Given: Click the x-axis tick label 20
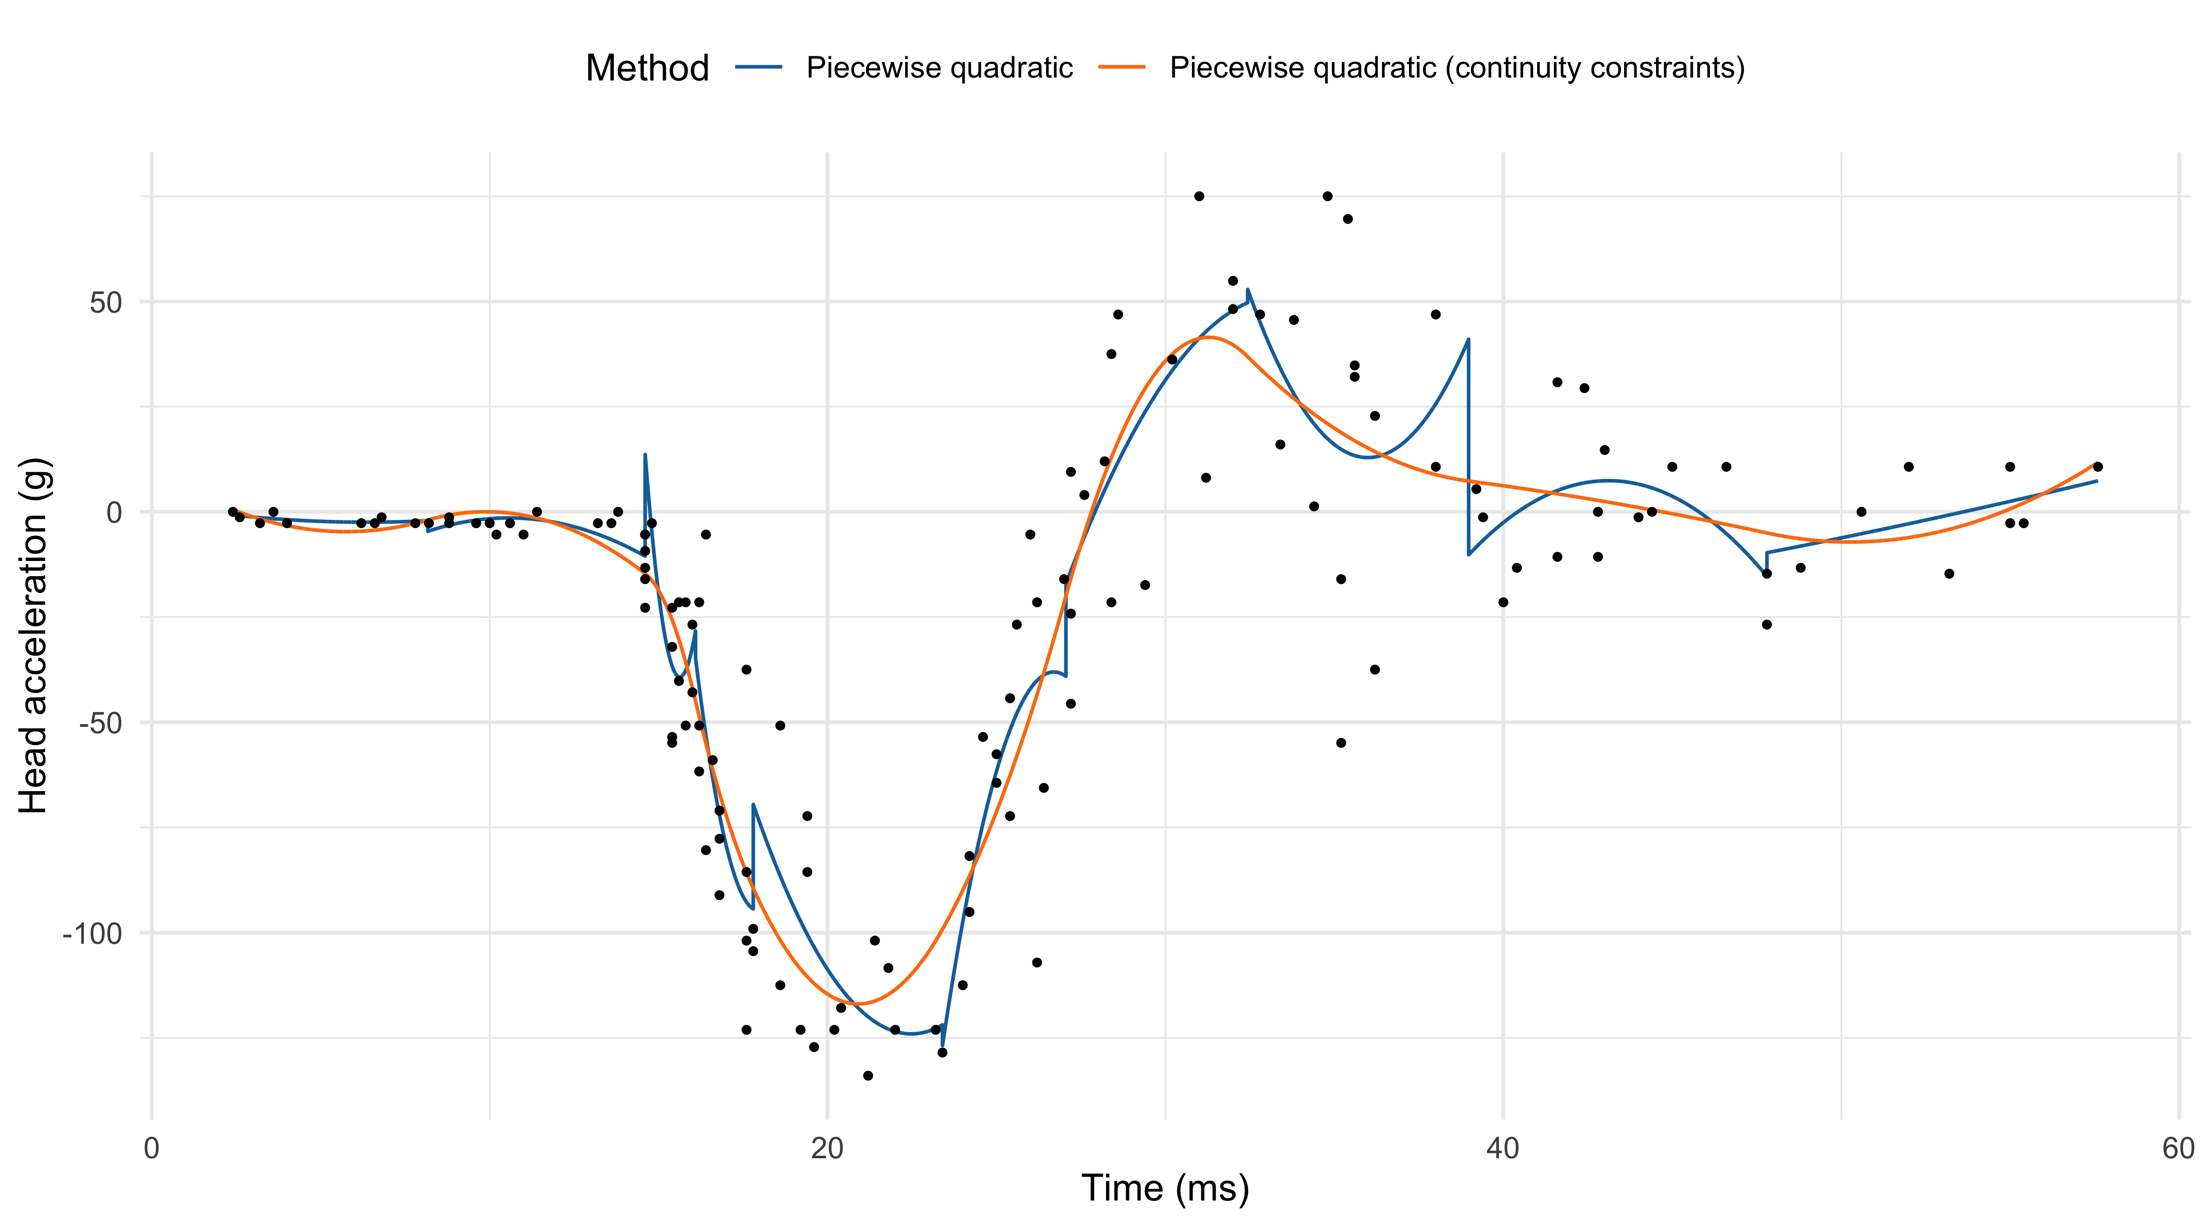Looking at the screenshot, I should [827, 1148].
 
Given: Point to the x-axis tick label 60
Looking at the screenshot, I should [2178, 1148].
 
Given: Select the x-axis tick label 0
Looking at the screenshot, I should [152, 1148].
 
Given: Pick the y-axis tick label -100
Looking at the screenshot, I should [93, 933].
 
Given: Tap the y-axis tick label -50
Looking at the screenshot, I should [100, 723].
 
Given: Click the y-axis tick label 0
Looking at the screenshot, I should [114, 513].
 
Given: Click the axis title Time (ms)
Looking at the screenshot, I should [1165, 1188].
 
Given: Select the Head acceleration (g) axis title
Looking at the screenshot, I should [34, 636].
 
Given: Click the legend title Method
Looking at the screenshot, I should [647, 68].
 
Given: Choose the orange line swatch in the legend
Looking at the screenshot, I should [1122, 67].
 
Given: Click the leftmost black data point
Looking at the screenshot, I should [232, 512].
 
